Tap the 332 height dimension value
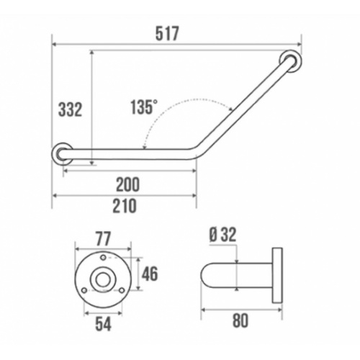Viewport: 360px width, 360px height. point(69,109)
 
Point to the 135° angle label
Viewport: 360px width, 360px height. point(143,107)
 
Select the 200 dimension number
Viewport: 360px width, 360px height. point(127,184)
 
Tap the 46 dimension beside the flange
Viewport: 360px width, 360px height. point(149,274)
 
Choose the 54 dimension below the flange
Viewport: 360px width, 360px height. point(103,323)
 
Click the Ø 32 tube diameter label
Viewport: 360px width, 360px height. point(223,235)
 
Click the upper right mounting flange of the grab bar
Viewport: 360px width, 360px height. point(291,62)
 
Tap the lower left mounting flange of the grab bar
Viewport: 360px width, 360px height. point(62,153)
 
